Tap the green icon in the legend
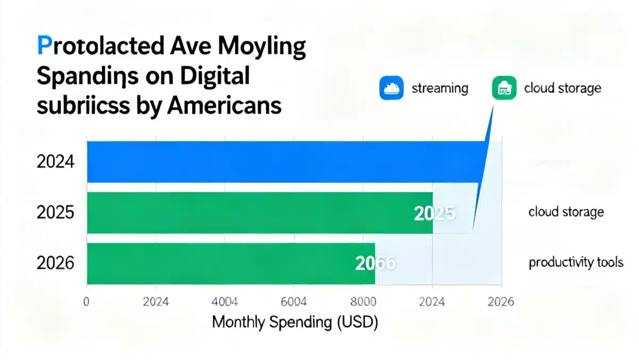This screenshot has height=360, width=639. [503, 88]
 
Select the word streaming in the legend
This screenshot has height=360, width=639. [440, 88]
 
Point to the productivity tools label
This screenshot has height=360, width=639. [575, 263]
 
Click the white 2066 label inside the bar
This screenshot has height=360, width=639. [375, 263]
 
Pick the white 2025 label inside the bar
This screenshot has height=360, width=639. [434, 214]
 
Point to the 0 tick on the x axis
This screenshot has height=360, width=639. [86, 302]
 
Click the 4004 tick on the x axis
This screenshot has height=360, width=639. [226, 302]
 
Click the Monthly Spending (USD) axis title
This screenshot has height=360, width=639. [295, 323]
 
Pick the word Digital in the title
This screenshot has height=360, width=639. [216, 76]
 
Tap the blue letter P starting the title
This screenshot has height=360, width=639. [44, 47]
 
